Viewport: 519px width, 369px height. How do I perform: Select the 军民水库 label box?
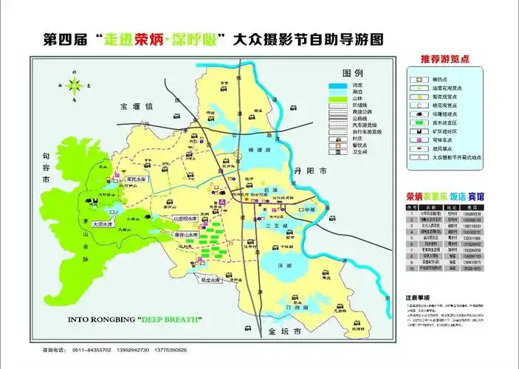pyautogui.click(x=137, y=179)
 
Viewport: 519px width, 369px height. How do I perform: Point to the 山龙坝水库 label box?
pyautogui.click(x=185, y=219)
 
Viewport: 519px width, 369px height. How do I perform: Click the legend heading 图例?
pyautogui.click(x=353, y=74)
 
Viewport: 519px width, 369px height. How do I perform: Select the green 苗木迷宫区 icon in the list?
pyautogui.click(x=418, y=122)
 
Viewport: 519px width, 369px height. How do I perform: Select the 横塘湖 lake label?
pyautogui.click(x=256, y=150)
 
